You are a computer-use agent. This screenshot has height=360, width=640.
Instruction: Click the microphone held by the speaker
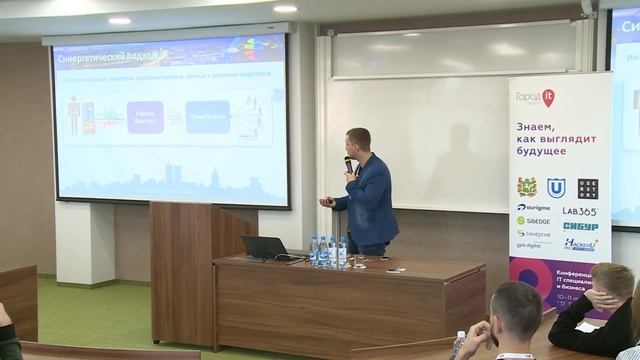(348, 164)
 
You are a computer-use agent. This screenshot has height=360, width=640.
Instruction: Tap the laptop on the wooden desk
(264, 247)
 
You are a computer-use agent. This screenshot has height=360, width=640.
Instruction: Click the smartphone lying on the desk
(395, 269)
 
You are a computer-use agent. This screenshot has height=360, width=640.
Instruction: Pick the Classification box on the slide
(207, 117)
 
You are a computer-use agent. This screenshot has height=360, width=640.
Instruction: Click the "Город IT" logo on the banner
(535, 98)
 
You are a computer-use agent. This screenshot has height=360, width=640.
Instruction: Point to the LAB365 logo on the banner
(578, 212)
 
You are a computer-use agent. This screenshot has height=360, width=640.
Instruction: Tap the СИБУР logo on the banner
(580, 227)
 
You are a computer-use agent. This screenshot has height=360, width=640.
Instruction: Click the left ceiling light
(119, 20)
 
